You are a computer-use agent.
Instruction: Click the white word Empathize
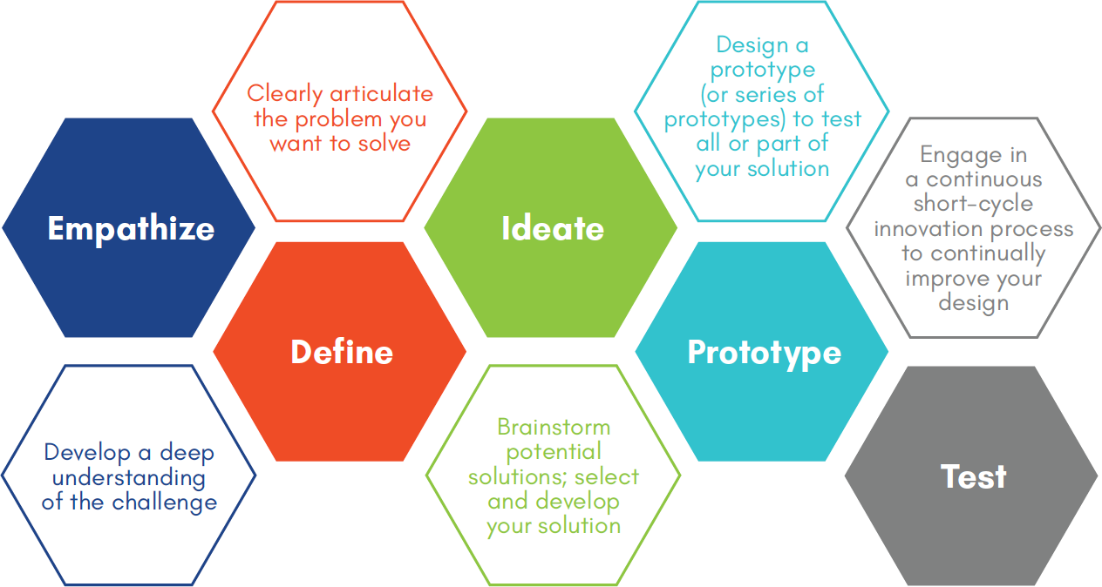131,229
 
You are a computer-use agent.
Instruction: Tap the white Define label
342,352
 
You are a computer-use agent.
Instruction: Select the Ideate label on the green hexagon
553,228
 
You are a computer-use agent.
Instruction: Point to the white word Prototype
765,353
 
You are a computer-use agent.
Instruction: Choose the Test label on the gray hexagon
974,476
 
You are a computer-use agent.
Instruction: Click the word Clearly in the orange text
284,93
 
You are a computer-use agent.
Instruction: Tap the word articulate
382,93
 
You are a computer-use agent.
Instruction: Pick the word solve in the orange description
384,144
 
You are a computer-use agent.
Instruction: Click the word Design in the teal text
745,45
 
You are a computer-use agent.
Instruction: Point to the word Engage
952,156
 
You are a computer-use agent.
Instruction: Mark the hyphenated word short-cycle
973,204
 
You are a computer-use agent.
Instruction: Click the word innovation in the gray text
929,229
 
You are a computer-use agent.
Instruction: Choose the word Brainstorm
554,427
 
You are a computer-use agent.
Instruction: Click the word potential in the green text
554,452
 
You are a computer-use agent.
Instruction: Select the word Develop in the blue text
87,453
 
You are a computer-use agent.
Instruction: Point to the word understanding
129,478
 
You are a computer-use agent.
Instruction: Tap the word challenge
164,503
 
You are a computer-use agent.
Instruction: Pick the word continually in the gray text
988,254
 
